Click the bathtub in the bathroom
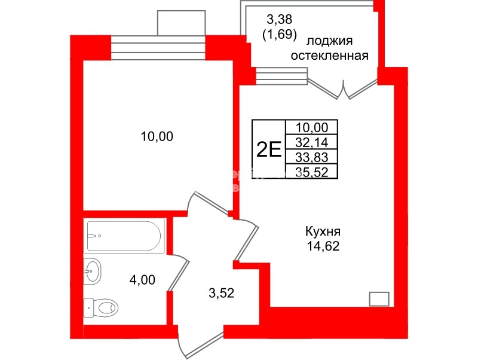coord(125,236)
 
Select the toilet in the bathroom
coord(101,307)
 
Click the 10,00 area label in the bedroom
coord(157,137)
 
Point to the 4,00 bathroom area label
coord(142,279)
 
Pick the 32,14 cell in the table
coord(312,142)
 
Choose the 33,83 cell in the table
coord(312,157)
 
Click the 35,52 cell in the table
coord(312,171)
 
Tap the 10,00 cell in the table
coord(312,127)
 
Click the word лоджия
coord(330,41)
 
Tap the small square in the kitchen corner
coord(379,298)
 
